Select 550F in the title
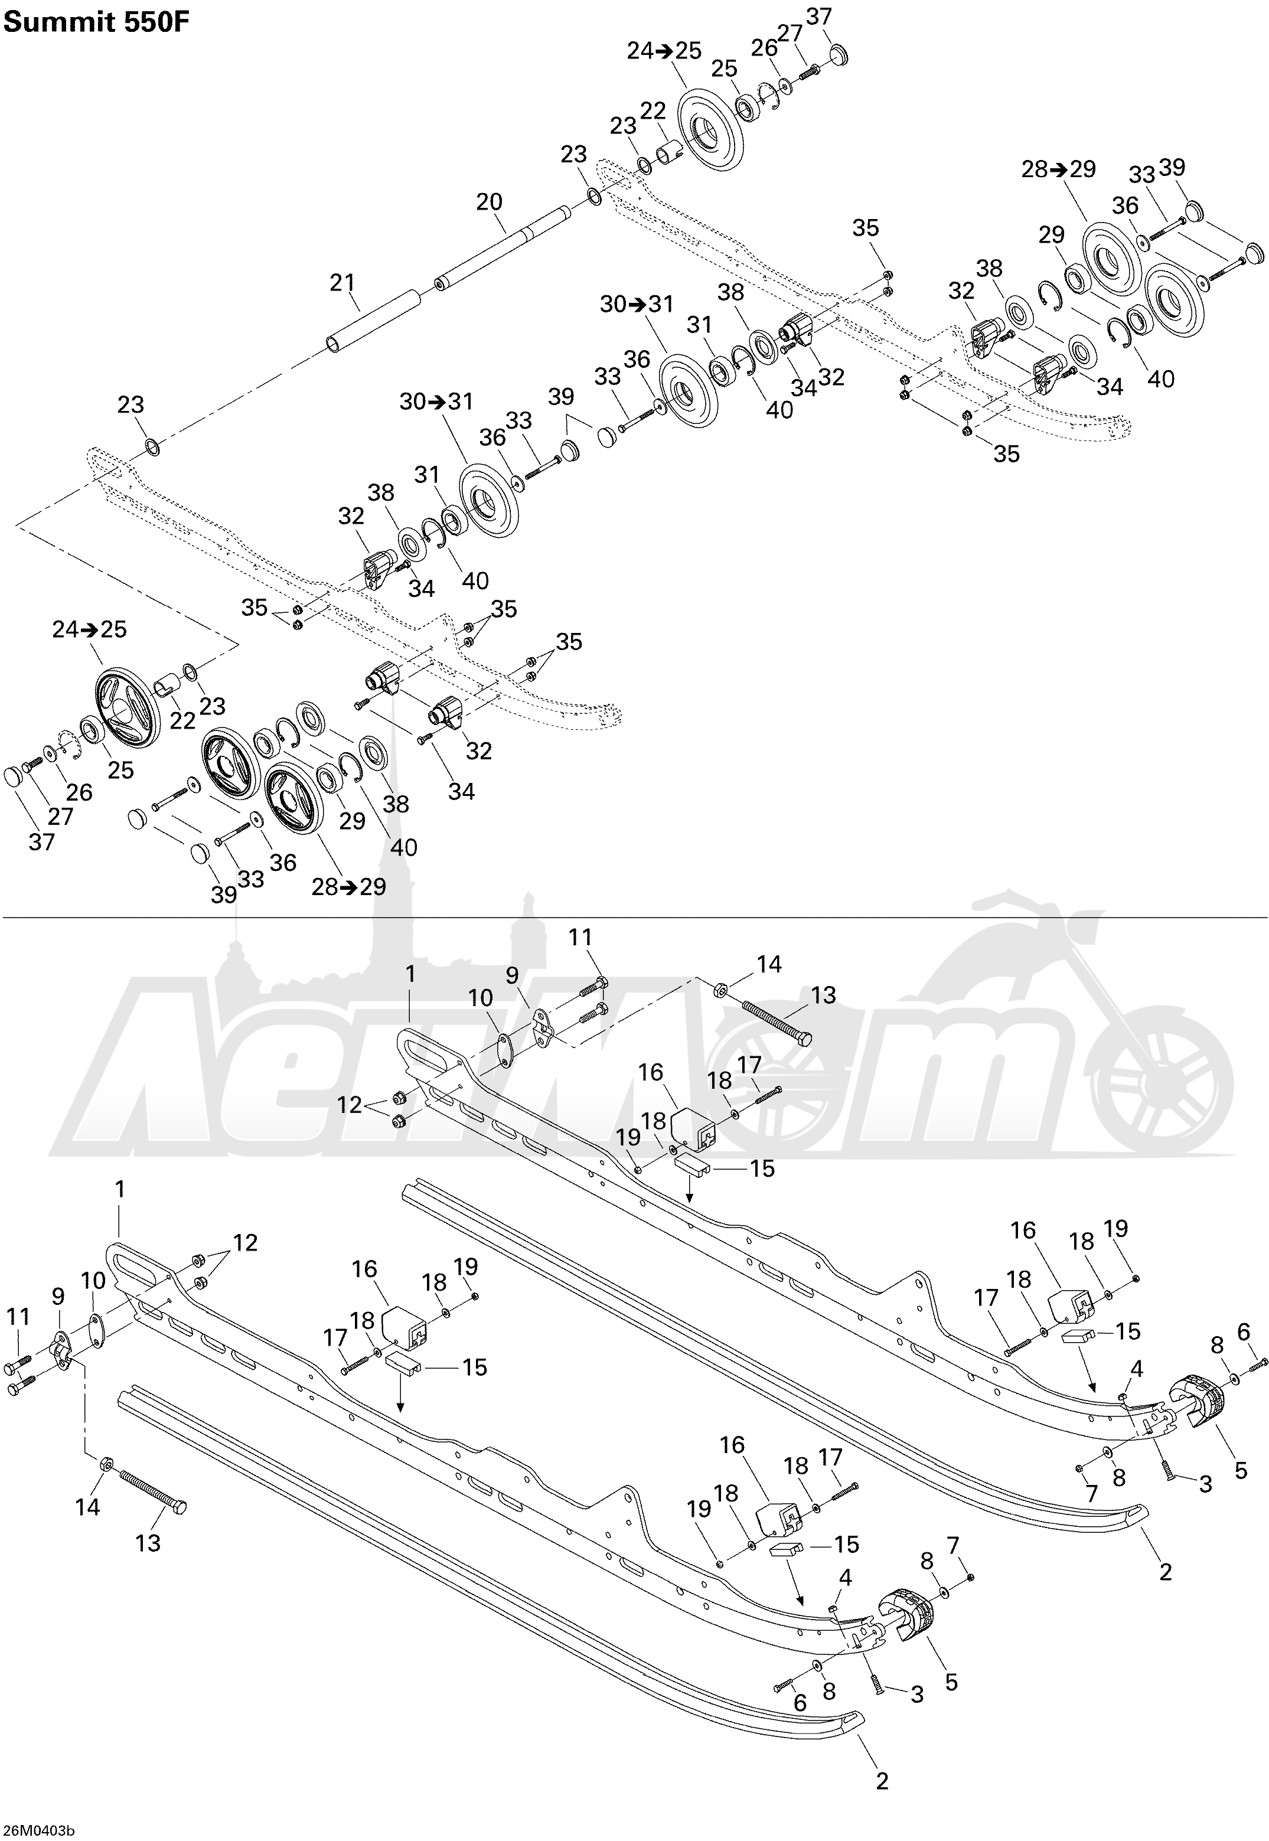(x=162, y=23)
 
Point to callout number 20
(x=489, y=202)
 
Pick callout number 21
(x=342, y=282)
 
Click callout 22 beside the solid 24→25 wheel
(x=652, y=111)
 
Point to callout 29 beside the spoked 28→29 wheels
(x=351, y=821)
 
